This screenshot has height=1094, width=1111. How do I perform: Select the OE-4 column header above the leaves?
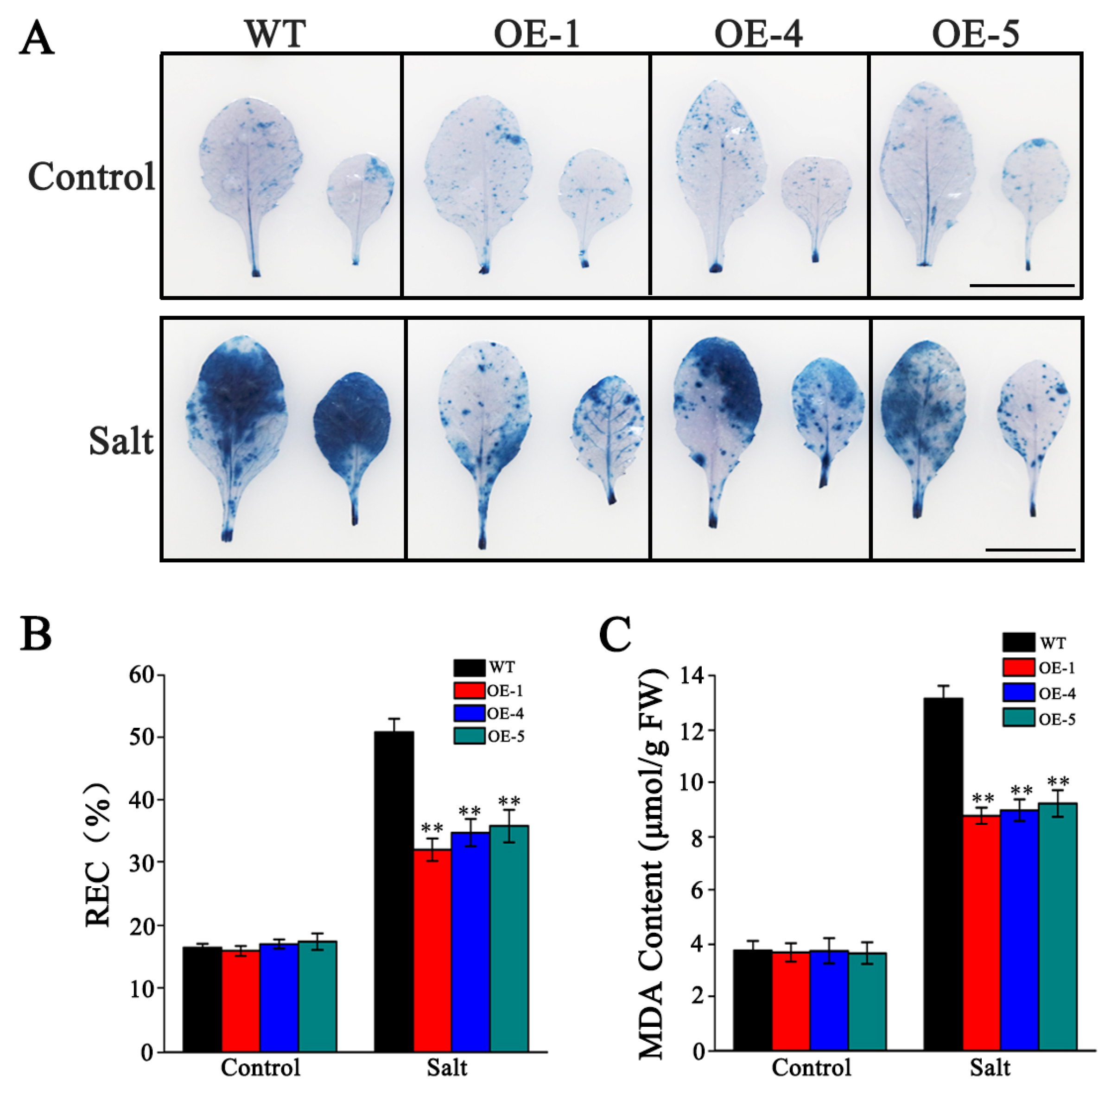click(758, 34)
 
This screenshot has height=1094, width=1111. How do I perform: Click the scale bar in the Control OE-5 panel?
click(1022, 285)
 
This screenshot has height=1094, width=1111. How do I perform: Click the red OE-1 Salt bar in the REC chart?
click(432, 951)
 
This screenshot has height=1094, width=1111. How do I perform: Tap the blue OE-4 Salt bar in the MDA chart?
click(1019, 930)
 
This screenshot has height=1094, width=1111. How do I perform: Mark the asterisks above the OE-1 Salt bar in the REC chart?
click(432, 828)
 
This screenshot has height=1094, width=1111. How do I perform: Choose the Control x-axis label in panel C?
click(811, 1068)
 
